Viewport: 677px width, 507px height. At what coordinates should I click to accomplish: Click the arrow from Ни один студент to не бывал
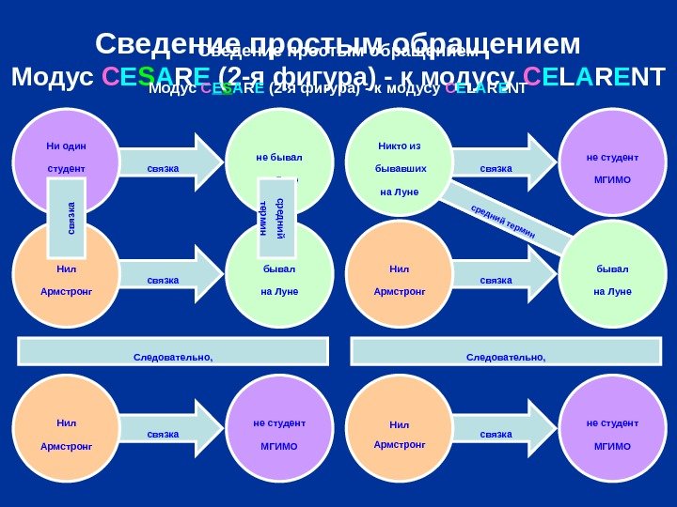click(x=165, y=158)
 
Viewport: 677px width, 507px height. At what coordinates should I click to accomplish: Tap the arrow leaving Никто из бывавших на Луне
click(x=498, y=158)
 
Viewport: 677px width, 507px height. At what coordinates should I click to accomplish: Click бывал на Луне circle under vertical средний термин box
click(x=279, y=279)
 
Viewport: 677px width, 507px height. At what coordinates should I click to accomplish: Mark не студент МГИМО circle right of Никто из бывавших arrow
click(x=612, y=161)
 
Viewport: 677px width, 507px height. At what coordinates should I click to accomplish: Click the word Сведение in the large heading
click(x=155, y=44)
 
